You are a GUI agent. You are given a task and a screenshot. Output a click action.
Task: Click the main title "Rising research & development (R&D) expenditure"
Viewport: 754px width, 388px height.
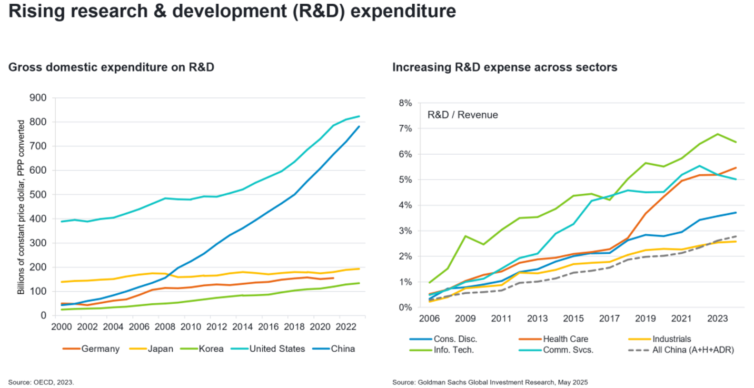[232, 12]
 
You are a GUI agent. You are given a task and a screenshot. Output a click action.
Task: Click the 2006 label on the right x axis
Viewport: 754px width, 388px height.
[430, 319]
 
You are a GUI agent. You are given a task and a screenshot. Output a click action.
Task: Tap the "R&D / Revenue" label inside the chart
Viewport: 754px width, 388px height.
[462, 115]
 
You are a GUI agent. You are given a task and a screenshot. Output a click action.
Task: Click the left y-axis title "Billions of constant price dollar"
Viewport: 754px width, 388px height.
[21, 207]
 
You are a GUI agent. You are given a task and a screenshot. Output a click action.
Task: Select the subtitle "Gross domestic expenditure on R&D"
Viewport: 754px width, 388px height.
[111, 67]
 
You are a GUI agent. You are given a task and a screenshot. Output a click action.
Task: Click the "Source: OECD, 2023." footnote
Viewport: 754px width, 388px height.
[41, 382]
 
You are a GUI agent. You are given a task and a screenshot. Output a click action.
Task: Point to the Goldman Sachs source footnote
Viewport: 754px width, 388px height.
[490, 382]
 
